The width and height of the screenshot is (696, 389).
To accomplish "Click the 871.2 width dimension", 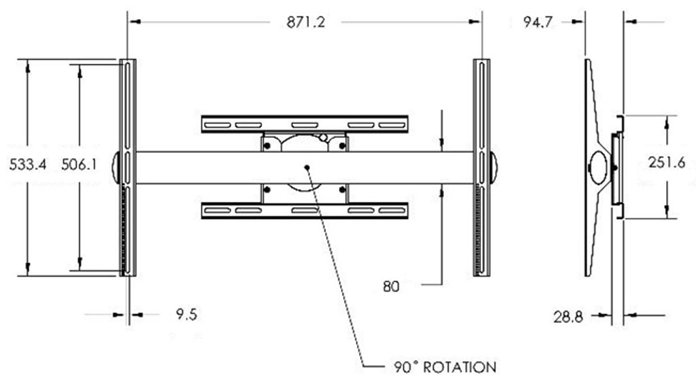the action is pyautogui.click(x=305, y=22).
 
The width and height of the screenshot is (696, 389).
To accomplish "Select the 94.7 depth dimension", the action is pyautogui.click(x=538, y=22).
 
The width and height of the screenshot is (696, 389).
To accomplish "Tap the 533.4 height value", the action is pyautogui.click(x=27, y=165).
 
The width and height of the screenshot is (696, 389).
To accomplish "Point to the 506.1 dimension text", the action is pyautogui.click(x=79, y=165).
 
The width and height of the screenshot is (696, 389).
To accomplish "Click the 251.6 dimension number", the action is pyautogui.click(x=667, y=163).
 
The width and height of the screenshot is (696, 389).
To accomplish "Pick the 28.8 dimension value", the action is pyautogui.click(x=568, y=317).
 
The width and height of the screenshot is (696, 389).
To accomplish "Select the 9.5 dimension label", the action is pyautogui.click(x=186, y=314).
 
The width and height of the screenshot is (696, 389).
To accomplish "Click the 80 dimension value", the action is pyautogui.click(x=391, y=287).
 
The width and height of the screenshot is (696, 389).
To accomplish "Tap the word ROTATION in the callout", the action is pyautogui.click(x=459, y=367).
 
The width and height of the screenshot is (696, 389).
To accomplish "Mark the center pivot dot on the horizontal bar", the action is pyautogui.click(x=307, y=167).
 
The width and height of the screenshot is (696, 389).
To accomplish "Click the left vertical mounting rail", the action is pyautogui.click(x=128, y=167).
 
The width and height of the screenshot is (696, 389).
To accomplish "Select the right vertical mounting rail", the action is pyautogui.click(x=482, y=167).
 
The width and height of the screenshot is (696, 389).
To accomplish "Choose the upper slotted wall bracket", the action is pyautogui.click(x=304, y=124).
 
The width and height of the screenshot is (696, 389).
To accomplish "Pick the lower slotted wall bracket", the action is pyautogui.click(x=304, y=210).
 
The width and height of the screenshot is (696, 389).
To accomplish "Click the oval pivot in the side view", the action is pyautogui.click(x=599, y=167).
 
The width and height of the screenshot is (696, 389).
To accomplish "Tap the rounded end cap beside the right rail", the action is pyautogui.click(x=493, y=167).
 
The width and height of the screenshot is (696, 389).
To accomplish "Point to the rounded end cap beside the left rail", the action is pyautogui.click(x=116, y=167).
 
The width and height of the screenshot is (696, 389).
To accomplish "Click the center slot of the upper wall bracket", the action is pyautogui.click(x=304, y=124).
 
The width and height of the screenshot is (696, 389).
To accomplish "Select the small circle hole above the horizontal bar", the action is pyautogui.click(x=323, y=137).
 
